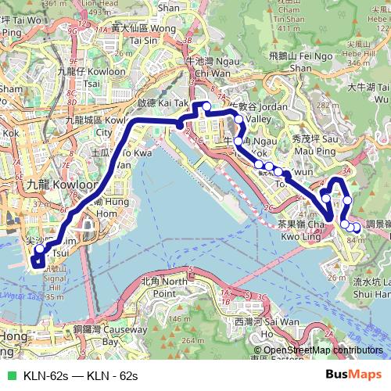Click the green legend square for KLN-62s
(x=9, y=375)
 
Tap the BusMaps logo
(x=359, y=375)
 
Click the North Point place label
(x=163, y=286)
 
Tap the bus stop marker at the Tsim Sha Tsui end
(x=39, y=251)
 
